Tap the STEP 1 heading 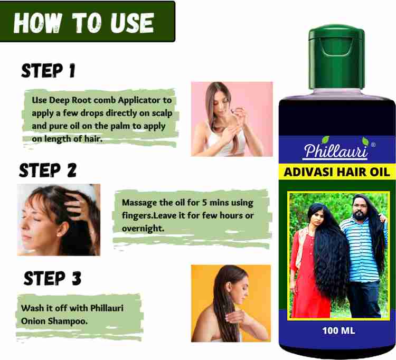point(48,71)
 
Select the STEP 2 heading point(48,170)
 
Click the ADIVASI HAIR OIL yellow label point(337,172)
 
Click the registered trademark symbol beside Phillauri point(373,144)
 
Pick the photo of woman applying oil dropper point(231,119)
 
